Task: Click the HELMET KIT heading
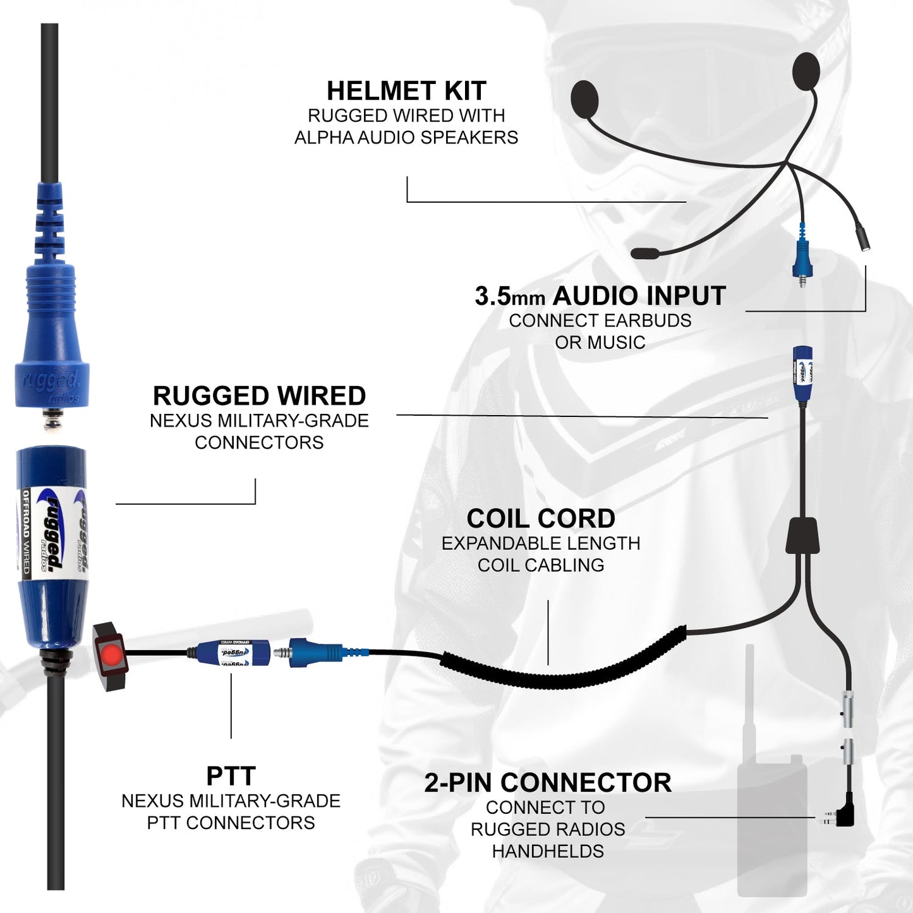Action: (406, 91)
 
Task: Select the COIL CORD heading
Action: (541, 519)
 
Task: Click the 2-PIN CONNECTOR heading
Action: (548, 783)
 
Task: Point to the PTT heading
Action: (231, 776)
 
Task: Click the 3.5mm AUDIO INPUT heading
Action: (600, 296)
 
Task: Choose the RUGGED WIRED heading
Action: (259, 396)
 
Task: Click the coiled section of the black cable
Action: (562, 670)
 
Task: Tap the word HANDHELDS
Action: (548, 851)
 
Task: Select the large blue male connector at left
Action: (51, 329)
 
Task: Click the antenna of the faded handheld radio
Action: (749, 695)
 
